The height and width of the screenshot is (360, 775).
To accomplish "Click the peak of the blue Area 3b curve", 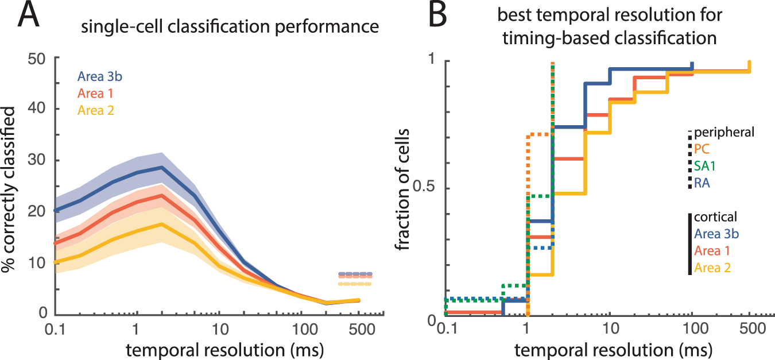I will [x=162, y=167].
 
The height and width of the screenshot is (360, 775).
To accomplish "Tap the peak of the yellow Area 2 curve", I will [x=162, y=224].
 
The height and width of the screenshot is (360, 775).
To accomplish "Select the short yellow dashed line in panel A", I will [x=355, y=284].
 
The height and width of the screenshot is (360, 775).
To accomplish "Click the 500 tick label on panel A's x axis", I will [x=359, y=331].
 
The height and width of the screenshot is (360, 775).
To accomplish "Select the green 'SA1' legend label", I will [x=706, y=166].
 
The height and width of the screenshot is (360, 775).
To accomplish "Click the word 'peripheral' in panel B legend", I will [x=724, y=133].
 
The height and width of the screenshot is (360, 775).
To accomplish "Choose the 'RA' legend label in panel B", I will [x=702, y=183].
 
